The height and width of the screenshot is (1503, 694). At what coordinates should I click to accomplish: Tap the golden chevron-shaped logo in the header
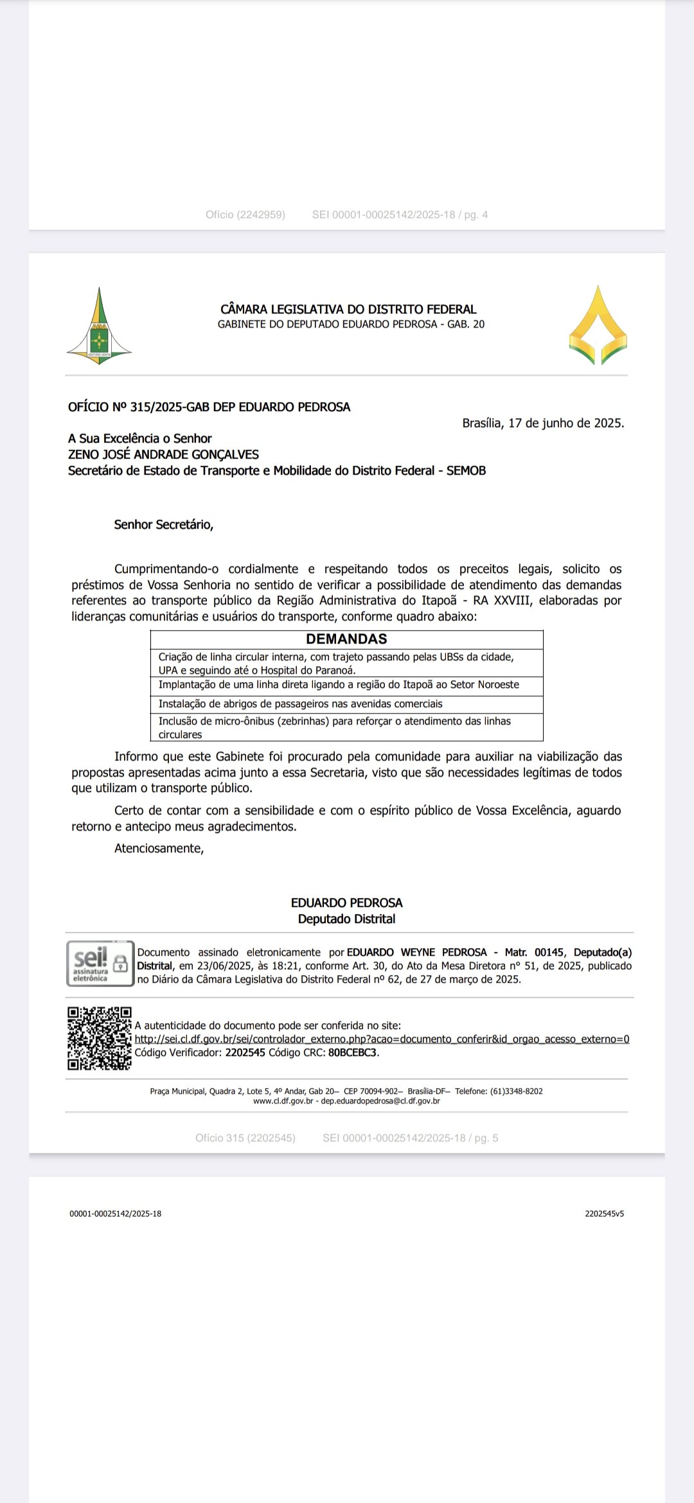coord(598,326)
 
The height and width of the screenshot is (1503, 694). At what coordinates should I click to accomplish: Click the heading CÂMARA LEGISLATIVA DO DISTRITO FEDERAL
coord(348,309)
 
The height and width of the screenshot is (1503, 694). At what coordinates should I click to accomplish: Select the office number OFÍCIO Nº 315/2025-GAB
coord(209,407)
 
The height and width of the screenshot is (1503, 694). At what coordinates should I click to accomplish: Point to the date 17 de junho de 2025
coord(565,423)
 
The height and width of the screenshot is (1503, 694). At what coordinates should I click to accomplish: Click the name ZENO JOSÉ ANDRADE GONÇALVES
coord(163,455)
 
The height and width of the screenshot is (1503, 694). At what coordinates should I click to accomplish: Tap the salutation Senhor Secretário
coord(163,525)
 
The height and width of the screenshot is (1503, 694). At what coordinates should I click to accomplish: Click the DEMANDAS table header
coord(346,639)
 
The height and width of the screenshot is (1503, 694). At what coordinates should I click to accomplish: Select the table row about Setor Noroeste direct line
coord(339,685)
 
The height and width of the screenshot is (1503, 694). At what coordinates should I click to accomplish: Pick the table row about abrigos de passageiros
coord(300,704)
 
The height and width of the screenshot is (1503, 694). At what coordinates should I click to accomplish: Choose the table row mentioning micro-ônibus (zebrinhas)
coord(334,727)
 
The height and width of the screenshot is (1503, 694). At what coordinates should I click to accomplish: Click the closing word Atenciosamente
coord(159,848)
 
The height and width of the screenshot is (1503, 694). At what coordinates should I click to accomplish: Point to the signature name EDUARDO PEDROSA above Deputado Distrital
coord(346,903)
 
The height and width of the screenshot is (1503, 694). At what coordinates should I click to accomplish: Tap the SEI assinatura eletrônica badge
coord(100,963)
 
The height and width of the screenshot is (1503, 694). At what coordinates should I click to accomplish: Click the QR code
coord(100,1039)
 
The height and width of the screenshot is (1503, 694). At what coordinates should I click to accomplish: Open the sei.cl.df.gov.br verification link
coord(382,1039)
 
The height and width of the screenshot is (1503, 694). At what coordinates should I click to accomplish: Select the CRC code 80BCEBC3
coord(353,1053)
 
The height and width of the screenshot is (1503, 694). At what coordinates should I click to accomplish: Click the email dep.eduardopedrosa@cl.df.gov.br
coord(380,1101)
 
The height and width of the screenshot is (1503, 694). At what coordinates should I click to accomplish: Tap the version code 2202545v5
coord(604,1214)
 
